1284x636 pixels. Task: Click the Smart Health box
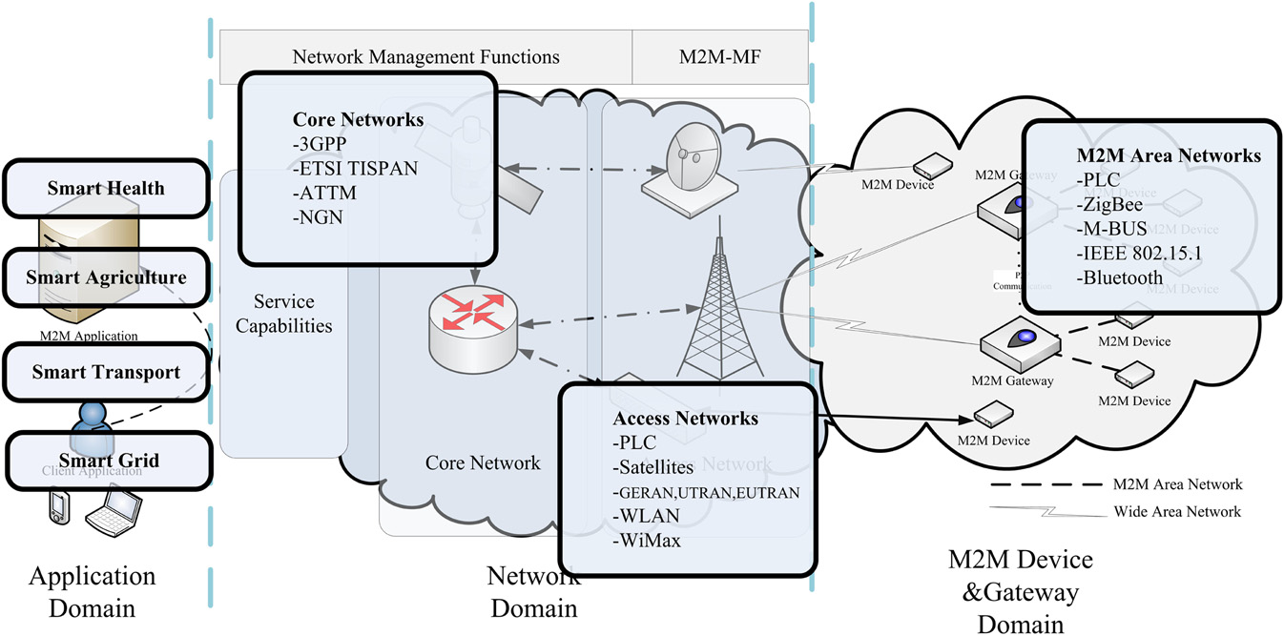(x=106, y=189)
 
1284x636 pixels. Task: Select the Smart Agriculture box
(x=106, y=277)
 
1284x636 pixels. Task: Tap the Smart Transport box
(x=106, y=372)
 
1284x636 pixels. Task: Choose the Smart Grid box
(x=106, y=462)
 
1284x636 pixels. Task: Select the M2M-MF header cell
(x=720, y=57)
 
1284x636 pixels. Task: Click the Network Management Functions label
(x=425, y=57)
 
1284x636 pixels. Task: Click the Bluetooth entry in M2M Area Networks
(x=1121, y=278)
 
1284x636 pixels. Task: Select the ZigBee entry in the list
(x=1109, y=204)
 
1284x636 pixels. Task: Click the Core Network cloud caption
(x=483, y=463)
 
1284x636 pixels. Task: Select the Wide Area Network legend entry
(x=1177, y=512)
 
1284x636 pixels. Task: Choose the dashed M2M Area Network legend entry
(x=1178, y=485)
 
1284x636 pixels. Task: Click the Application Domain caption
(x=92, y=591)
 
